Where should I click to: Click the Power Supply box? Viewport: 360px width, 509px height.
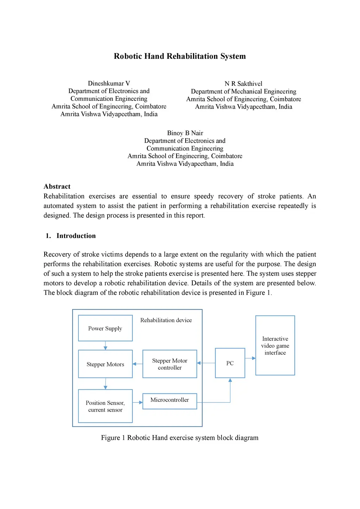[x=105, y=328]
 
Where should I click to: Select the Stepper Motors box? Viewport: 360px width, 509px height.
[x=105, y=364]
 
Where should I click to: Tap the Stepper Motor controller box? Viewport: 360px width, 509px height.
[x=169, y=364]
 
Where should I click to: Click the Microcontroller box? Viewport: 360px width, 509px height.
[x=169, y=401]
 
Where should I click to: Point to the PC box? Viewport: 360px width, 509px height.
[x=230, y=363]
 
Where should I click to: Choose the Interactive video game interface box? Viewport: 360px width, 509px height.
[x=275, y=345]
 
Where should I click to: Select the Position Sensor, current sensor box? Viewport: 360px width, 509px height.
[x=105, y=406]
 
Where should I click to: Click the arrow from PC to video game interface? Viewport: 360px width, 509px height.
[x=250, y=358]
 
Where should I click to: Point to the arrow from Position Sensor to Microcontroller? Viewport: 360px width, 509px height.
[x=137, y=402]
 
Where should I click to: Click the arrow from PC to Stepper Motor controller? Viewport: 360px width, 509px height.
[x=206, y=363]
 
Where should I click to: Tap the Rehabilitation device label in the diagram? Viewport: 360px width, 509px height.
[x=166, y=320]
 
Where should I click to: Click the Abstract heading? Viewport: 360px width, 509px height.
[x=57, y=187]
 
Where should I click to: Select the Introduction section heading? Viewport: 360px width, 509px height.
[x=76, y=236]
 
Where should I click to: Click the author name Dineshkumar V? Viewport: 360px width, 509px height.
[x=109, y=83]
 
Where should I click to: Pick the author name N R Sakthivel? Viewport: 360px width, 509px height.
[x=243, y=84]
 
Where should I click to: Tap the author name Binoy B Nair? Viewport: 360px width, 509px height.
[x=185, y=133]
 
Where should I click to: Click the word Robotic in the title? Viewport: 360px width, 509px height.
[x=127, y=56]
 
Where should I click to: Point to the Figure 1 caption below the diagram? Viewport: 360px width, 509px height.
[x=180, y=438]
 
